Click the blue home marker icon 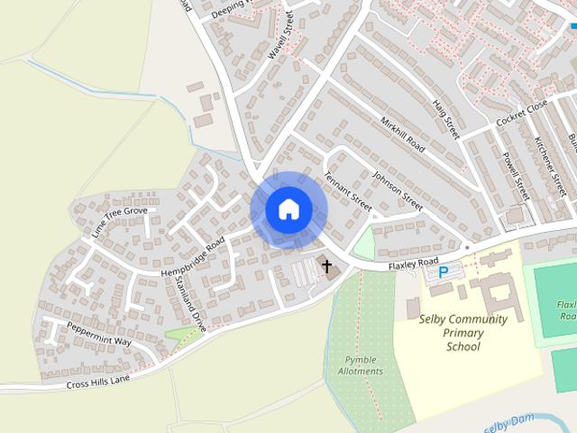coord(288,210)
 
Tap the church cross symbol coord(325,266)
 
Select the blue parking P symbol coord(443,272)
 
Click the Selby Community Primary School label coord(463,332)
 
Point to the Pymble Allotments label coord(361,365)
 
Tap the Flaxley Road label coord(413,263)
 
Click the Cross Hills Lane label coord(99,381)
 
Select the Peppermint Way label coord(99,336)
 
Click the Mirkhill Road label coord(402,134)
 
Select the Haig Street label coord(445,118)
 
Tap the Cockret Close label coord(521,114)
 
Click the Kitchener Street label coord(550,168)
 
